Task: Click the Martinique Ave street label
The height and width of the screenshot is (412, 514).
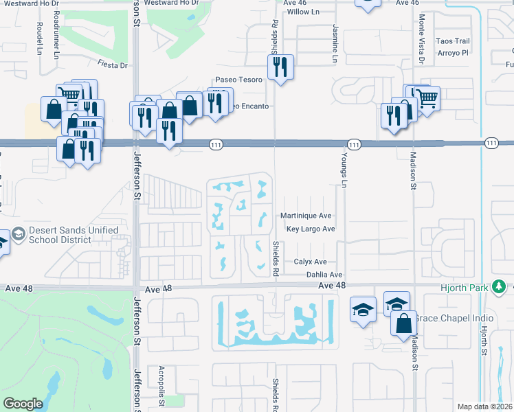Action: coord(306,216)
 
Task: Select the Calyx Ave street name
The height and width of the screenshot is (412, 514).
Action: coord(310,262)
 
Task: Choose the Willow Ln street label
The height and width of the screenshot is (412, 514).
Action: coord(304,12)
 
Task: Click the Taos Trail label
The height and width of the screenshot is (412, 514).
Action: coord(453,41)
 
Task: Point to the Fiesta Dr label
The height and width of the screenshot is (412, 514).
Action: coord(113,66)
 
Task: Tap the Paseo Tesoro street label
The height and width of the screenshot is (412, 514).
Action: coord(238,80)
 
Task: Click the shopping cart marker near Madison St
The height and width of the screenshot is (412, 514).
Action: coord(427,98)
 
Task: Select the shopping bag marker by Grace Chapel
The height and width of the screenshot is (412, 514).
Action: coord(403,321)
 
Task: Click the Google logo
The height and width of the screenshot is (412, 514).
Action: coord(23,404)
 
